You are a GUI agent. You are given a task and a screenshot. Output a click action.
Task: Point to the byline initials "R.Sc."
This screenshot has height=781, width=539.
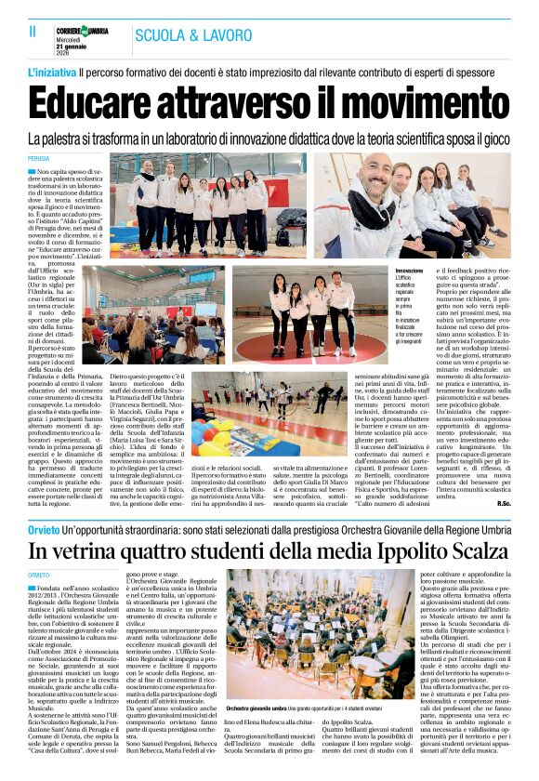pos(503,503)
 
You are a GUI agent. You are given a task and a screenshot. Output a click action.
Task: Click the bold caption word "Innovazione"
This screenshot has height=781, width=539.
pos(409,271)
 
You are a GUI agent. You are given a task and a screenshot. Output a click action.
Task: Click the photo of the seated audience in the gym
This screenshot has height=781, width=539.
pos(135,326)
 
